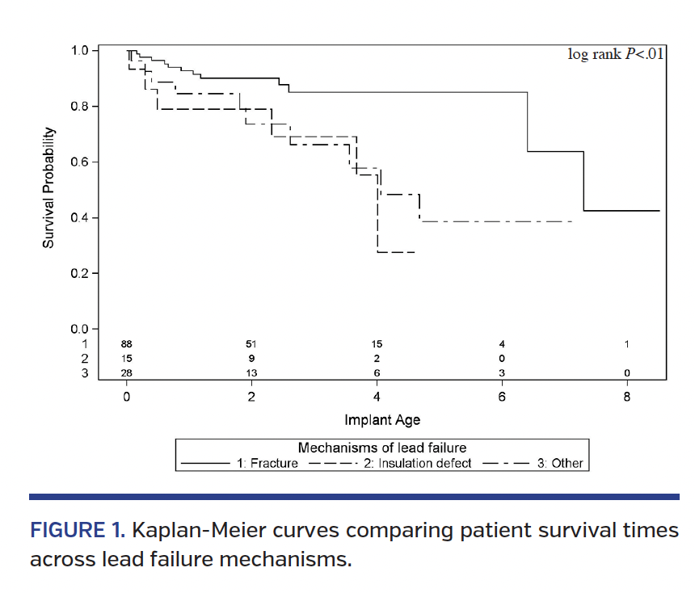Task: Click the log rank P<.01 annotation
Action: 616,55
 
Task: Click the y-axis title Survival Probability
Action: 48,188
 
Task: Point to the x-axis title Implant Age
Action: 382,420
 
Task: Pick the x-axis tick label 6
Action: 502,397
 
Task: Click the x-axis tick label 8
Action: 627,397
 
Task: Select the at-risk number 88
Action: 127,344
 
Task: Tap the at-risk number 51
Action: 251,344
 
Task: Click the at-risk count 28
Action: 127,372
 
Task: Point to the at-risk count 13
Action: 251,372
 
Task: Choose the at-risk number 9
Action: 251,358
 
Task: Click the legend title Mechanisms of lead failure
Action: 382,448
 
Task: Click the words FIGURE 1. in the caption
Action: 77,531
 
